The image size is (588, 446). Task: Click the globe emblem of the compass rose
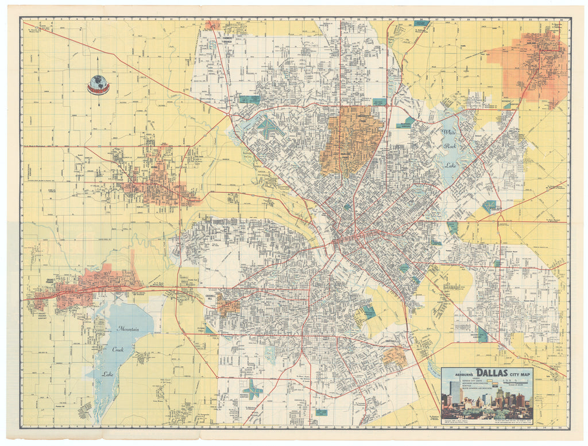pos(98,84)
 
